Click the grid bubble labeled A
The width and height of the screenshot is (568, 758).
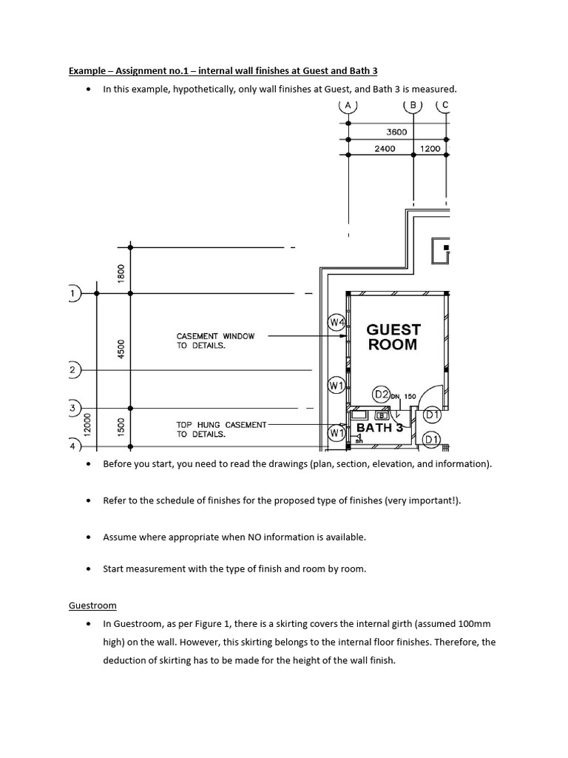click(348, 105)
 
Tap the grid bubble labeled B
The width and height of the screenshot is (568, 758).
click(413, 105)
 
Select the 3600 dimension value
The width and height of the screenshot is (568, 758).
click(396, 132)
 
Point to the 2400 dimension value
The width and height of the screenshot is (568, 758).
click(385, 148)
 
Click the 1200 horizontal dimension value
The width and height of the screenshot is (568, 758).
click(430, 148)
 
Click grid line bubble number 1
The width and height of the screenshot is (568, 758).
click(72, 293)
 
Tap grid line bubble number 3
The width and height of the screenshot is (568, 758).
click(72, 408)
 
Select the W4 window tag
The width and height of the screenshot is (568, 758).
click(337, 322)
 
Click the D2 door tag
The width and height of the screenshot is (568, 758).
click(382, 395)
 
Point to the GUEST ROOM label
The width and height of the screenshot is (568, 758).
click(393, 337)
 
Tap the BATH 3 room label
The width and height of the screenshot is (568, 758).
click(379, 428)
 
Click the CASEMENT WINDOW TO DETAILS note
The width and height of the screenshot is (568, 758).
click(215, 341)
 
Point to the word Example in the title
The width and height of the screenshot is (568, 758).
click(85, 71)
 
